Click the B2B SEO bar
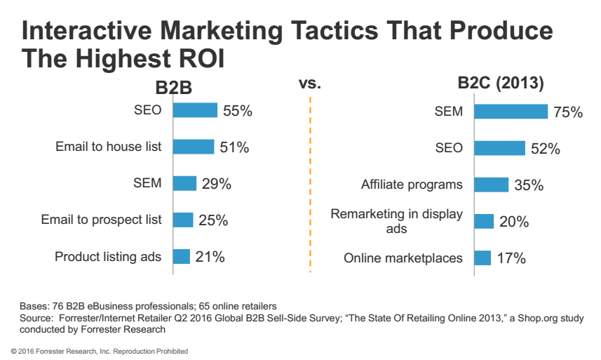coord(195,110)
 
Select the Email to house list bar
coord(193,147)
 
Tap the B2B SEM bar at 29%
coord(184,183)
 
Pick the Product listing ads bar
coord(182,256)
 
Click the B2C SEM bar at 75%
coord(511,112)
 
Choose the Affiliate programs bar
coord(491,185)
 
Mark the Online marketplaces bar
coord(482,258)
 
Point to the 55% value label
coord(237,111)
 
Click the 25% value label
coord(212,220)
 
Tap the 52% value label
coord(545,149)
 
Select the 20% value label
coord(513,222)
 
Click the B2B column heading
coord(173,88)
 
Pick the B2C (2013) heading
coord(501,84)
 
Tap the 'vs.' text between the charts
coord(309,84)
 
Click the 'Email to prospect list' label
coord(101,220)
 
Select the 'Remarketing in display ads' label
coord(397,221)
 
